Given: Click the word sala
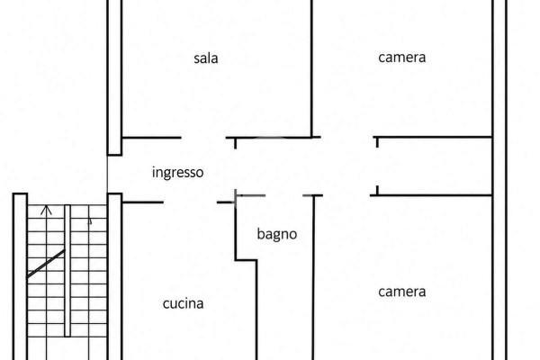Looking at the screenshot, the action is coord(205,58).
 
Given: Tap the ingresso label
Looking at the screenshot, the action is coord(177,172).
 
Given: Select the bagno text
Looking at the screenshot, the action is coord(277,234).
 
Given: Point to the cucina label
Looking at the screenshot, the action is coord(183,303).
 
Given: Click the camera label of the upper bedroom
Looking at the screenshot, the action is coord(402,58).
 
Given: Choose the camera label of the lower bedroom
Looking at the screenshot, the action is coord(402,292).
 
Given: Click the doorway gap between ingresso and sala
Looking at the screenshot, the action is coord(203,138).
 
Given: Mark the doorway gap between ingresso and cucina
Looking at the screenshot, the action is coord(190,202).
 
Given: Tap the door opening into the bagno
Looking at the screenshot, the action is coord(283,195).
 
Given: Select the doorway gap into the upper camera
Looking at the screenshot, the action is coord(347,137).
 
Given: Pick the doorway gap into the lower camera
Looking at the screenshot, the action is coord(346,195).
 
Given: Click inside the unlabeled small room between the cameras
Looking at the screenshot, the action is coord(435,166).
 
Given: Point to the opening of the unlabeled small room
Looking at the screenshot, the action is coord(377,166).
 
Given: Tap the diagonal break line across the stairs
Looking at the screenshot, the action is coord(46,264).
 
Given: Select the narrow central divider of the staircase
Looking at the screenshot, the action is coord(67,271).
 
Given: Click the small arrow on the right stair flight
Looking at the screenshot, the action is coord(89,221).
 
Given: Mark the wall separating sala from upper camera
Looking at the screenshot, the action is coord(311,68).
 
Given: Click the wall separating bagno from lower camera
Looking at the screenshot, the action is coord(313,278).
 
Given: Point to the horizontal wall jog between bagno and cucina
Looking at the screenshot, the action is coord(246,260).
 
